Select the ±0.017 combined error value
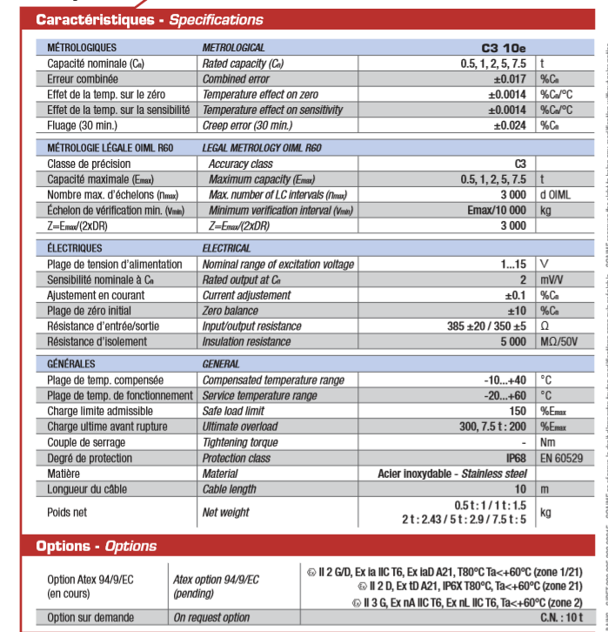pos(506,78)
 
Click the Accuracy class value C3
pos(520,164)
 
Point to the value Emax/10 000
pos(496,211)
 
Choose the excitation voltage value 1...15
pos(510,264)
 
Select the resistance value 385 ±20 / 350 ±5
pos(486,326)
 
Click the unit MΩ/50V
pos(559,342)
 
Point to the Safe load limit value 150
pos(518,411)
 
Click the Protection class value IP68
pos(513,458)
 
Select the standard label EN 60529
pos(560,458)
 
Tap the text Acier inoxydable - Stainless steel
pos(452,474)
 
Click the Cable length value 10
pos(520,489)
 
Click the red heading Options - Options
pos(96,547)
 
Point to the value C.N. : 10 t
pos(506,618)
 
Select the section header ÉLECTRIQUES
pos(75,248)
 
